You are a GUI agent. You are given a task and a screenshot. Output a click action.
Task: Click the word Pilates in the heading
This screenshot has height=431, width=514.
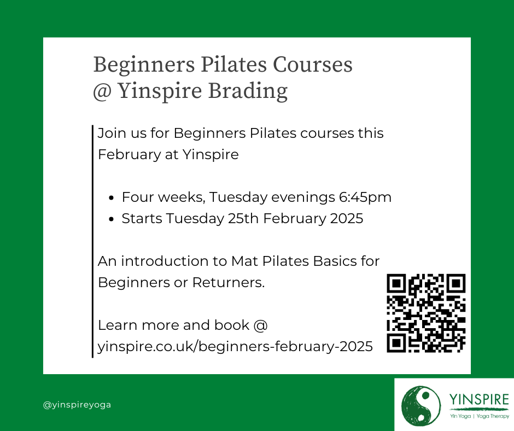233,64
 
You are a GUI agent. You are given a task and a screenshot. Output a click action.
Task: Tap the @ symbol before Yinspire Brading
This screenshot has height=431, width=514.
102,91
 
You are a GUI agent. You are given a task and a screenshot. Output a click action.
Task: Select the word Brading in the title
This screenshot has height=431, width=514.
248,91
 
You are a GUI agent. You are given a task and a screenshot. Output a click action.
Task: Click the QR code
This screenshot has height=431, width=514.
426,313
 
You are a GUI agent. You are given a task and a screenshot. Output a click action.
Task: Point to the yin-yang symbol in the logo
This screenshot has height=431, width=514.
421,406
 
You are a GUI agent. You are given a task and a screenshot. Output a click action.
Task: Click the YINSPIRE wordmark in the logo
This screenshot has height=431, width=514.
479,399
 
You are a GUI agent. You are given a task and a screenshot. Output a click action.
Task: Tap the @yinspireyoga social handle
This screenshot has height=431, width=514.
77,405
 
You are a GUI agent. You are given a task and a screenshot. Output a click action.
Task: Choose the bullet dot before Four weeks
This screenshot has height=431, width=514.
111,198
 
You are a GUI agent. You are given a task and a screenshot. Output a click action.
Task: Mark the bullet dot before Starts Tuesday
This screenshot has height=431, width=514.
111,219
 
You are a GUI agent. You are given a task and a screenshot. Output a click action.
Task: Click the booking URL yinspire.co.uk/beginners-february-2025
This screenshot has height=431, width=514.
235,346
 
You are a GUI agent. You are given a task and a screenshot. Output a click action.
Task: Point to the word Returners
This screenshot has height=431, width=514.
228,282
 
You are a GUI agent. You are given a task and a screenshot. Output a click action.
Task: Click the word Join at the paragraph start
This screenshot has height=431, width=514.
112,133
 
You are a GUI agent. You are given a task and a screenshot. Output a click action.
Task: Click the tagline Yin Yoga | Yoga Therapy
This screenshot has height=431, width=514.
480,416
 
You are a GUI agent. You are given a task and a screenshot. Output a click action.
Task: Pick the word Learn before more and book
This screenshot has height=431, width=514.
118,325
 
